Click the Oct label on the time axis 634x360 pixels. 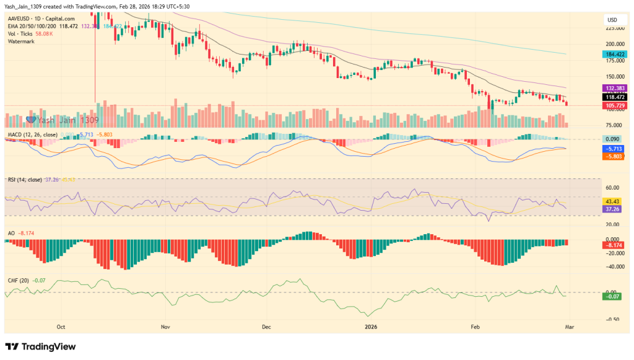pos(61,326)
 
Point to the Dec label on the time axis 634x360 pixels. pos(267,326)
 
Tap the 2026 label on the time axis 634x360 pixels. pos(371,326)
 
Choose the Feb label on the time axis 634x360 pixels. pos(475,326)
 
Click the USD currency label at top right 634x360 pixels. pos(612,20)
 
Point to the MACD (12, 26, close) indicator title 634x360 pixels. pos(33,134)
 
